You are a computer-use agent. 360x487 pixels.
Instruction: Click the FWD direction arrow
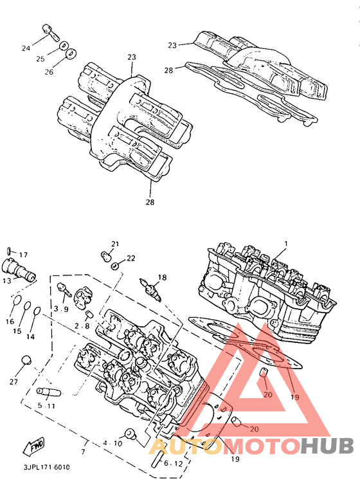click(x=34, y=447)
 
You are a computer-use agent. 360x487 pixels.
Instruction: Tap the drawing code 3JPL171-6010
click(x=47, y=467)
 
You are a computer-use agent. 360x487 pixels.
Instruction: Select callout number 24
click(x=26, y=48)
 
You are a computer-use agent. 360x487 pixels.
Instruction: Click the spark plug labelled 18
click(x=150, y=289)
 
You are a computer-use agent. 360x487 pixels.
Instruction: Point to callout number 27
click(x=14, y=381)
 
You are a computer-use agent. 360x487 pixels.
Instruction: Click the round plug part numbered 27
click(x=26, y=360)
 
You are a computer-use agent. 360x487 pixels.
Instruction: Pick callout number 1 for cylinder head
click(x=286, y=244)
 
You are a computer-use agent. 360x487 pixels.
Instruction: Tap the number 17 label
click(x=24, y=255)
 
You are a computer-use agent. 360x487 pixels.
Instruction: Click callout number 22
click(x=131, y=258)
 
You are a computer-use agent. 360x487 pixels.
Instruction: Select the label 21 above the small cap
click(x=116, y=244)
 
